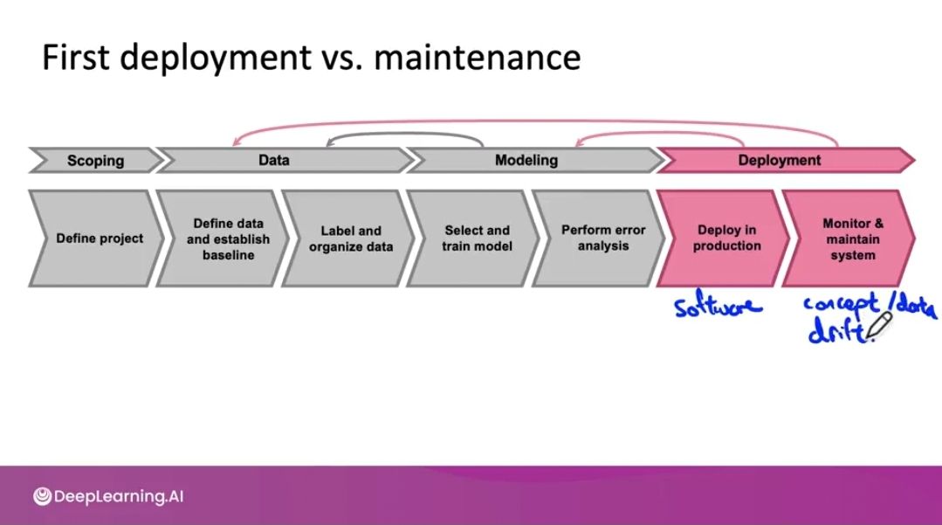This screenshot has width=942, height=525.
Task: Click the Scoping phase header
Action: coord(95,161)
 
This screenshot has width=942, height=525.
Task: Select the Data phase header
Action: coord(274,161)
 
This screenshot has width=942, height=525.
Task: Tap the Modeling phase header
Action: coord(526,161)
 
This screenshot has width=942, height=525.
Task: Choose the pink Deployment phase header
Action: coord(780,161)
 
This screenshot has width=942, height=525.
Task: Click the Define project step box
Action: coord(99,238)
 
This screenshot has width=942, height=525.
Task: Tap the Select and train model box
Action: coord(477,238)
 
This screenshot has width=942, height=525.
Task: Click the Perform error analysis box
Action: coord(602,238)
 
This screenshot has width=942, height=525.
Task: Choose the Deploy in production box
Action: coord(727,238)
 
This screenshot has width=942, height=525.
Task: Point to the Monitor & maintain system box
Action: coord(852,238)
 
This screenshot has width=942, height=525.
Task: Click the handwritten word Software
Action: coord(718,306)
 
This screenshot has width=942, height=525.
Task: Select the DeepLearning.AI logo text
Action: coord(120,497)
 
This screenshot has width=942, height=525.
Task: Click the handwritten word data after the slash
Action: coord(915,307)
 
